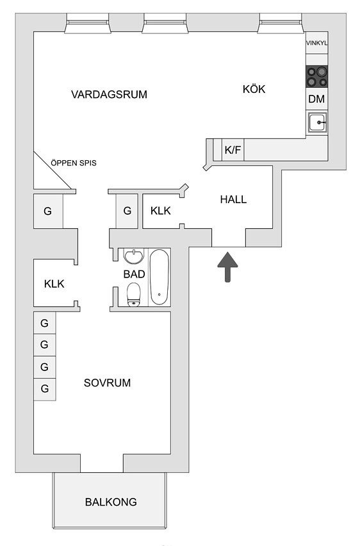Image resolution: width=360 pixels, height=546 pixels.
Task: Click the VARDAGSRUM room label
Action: pyautogui.click(x=109, y=94)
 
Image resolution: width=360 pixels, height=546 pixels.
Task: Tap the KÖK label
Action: pyautogui.click(x=254, y=89)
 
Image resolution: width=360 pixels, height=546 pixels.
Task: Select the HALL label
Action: pyautogui.click(x=233, y=199)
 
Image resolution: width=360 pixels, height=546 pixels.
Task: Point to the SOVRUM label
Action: pyautogui.click(x=107, y=383)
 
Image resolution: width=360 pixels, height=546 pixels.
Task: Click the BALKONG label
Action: pyautogui.click(x=111, y=502)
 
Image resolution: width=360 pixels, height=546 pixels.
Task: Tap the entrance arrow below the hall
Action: pyautogui.click(x=227, y=267)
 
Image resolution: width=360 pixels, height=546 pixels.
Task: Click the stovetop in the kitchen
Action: pyautogui.click(x=317, y=77)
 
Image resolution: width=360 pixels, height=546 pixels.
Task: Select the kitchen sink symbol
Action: pyautogui.click(x=317, y=122)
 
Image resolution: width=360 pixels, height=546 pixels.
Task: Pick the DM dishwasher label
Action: pyautogui.click(x=316, y=99)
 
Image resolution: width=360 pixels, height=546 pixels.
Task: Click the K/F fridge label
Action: pyautogui.click(x=233, y=150)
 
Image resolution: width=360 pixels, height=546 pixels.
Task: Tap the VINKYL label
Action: pyautogui.click(x=317, y=43)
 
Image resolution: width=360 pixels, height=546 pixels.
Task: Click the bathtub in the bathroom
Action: pyautogui.click(x=160, y=277)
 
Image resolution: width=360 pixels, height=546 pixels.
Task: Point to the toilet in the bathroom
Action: pyautogui.click(x=134, y=295)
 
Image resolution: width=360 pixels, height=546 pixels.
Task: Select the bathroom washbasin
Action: pyautogui.click(x=134, y=256)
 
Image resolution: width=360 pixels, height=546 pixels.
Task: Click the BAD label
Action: pyautogui.click(x=134, y=274)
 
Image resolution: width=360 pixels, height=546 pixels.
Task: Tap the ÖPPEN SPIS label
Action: pyautogui.click(x=74, y=163)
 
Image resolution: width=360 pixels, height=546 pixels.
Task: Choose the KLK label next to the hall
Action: pyautogui.click(x=161, y=211)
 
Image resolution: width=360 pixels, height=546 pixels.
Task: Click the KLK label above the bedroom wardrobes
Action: pyautogui.click(x=54, y=284)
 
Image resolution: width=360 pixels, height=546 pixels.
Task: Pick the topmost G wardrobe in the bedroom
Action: pyautogui.click(x=45, y=324)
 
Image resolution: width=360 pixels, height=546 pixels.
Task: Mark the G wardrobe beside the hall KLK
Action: pyautogui.click(x=127, y=211)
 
